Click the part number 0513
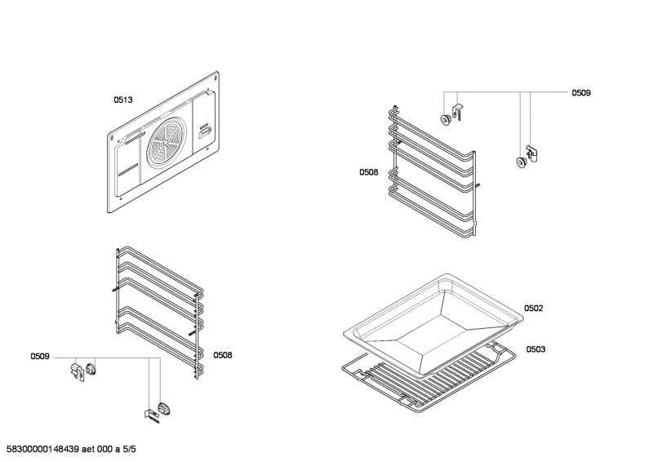pos(122,100)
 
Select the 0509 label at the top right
pos(580,93)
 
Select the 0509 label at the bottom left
pos(40,356)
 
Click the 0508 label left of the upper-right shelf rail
pos(368,171)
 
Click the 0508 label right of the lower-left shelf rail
pos(223,355)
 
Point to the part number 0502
pos(534,308)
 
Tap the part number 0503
pos(535,349)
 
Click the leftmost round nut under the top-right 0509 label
pos(446,120)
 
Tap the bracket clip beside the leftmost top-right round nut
pos(458,111)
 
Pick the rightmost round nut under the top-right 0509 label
pos(521,162)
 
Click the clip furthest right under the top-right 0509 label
pos(534,153)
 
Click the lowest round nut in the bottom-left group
pos(167,407)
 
